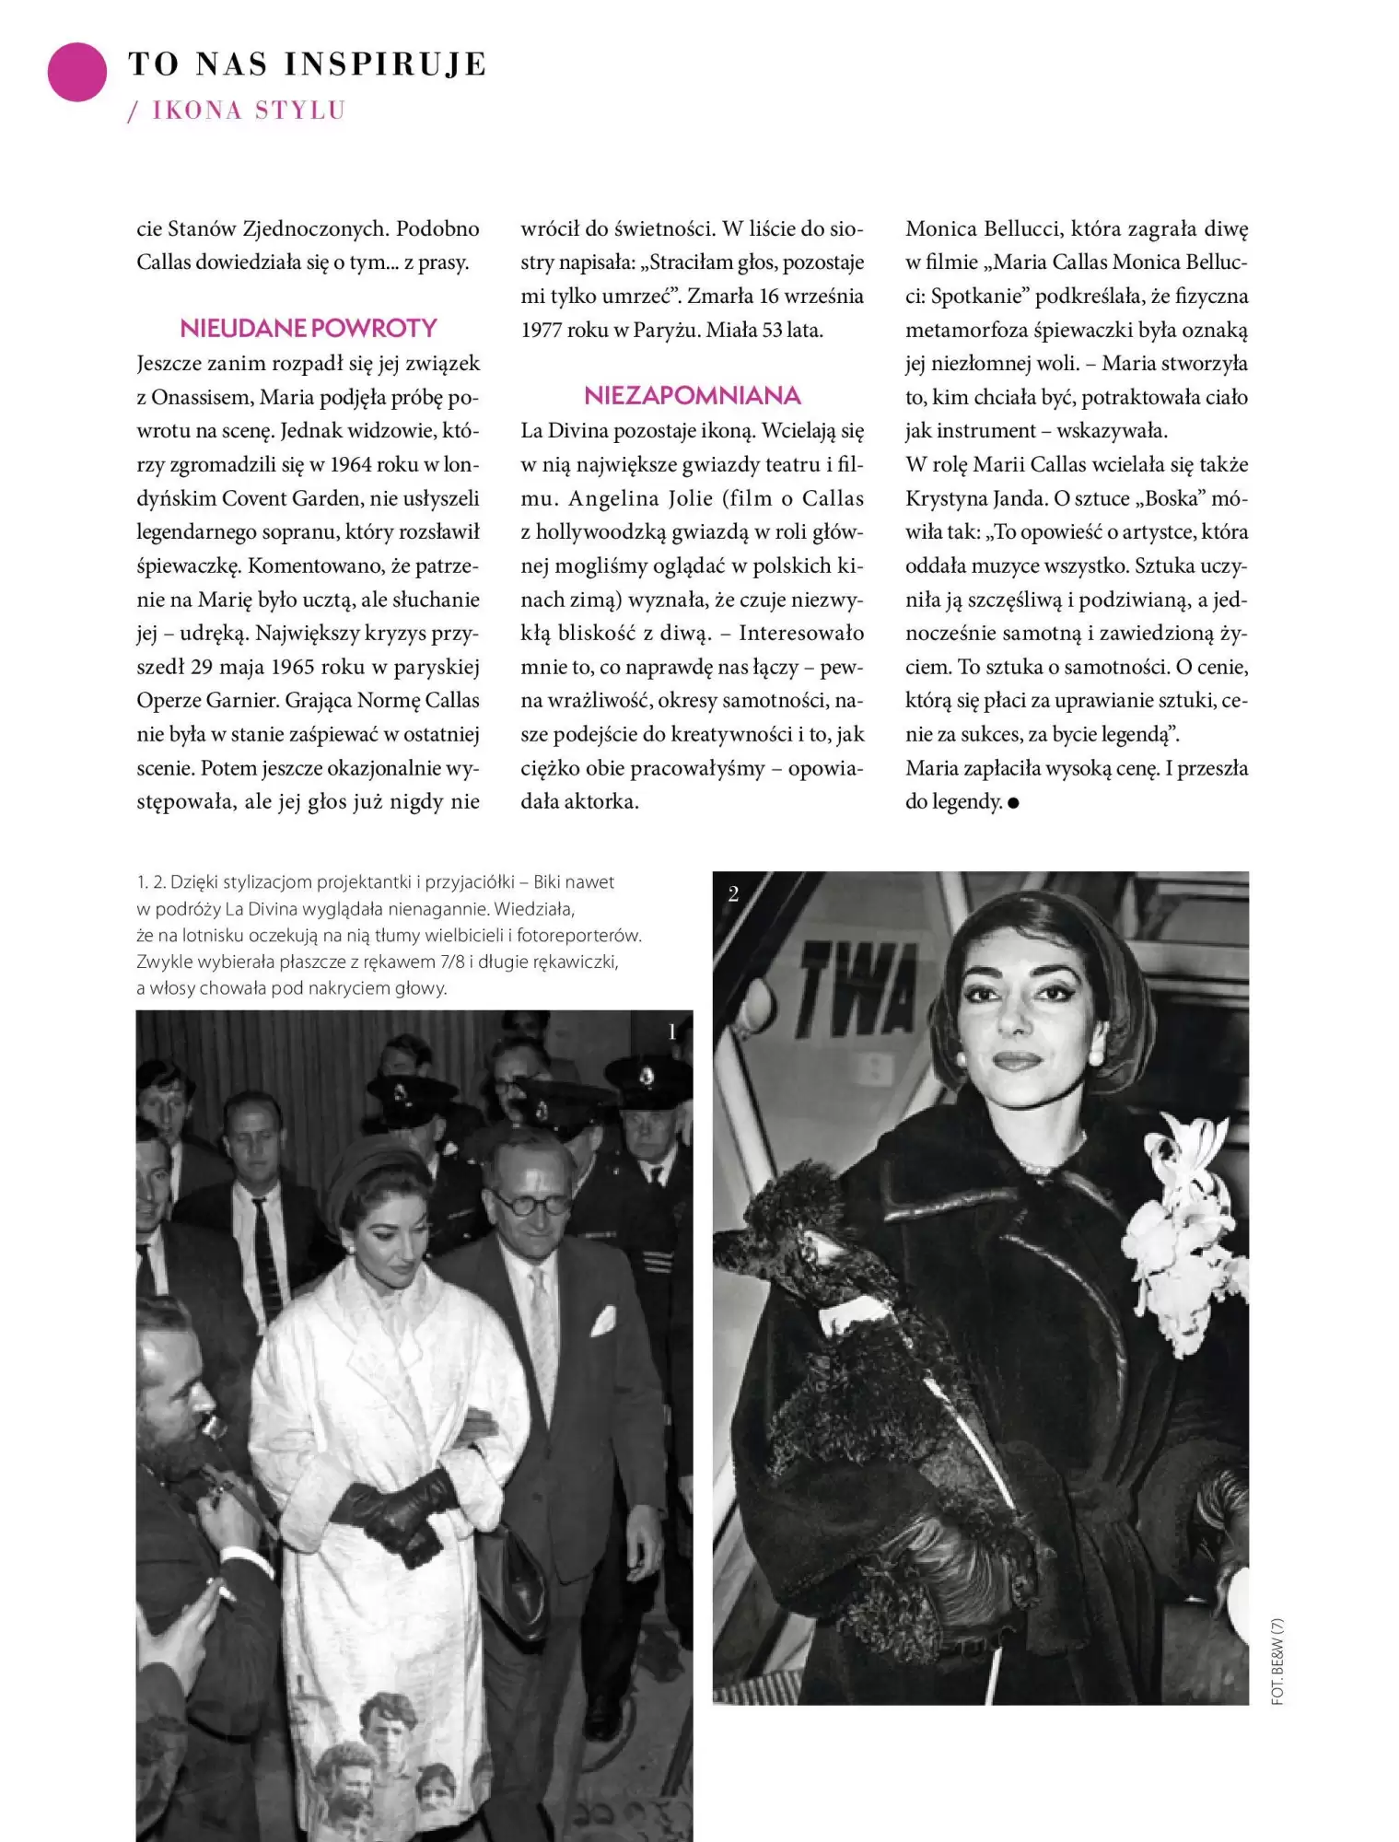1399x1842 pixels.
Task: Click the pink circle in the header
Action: (77, 72)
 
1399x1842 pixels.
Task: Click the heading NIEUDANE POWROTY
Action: (308, 329)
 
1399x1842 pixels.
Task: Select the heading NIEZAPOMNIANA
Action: (692, 396)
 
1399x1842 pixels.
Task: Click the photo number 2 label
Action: (733, 893)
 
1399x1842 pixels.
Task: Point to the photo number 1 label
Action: (672, 1032)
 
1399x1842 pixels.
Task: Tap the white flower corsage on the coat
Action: (1188, 1216)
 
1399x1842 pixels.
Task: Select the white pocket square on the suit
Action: (603, 1323)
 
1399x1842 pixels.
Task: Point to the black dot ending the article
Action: (1014, 803)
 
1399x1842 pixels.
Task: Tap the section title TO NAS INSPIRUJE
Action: (308, 64)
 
